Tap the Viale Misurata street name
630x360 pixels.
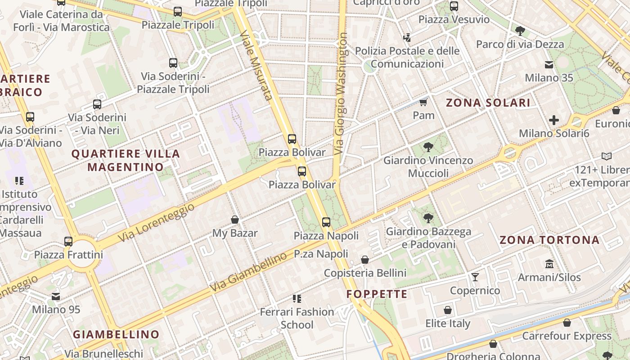tap(256, 65)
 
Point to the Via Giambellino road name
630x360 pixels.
tap(248, 271)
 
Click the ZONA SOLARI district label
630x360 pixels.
tap(488, 103)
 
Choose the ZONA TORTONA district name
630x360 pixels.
tap(549, 240)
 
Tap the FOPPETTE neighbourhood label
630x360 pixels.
tap(377, 294)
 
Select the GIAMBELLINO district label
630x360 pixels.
tap(116, 334)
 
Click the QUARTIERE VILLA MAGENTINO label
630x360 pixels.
tap(126, 160)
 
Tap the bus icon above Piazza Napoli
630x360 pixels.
tap(326, 222)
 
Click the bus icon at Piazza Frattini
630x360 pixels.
tap(68, 241)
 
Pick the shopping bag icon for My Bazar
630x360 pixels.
tap(234, 220)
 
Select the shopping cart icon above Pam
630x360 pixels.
tap(423, 103)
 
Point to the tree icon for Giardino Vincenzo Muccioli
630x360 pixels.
tap(428, 147)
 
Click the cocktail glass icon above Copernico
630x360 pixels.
tap(475, 277)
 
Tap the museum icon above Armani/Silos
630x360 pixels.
tap(549, 264)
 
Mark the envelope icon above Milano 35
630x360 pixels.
tap(549, 65)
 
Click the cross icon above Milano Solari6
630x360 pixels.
tap(553, 120)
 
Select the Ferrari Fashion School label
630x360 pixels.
tap(297, 318)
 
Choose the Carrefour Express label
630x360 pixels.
tap(567, 336)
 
